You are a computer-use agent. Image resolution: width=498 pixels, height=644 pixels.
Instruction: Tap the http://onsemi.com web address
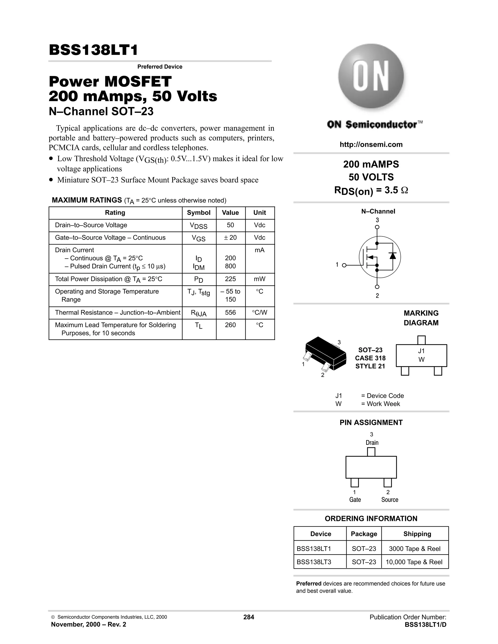click(371, 145)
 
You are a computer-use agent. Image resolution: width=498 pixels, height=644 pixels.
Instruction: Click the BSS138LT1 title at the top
click(93, 50)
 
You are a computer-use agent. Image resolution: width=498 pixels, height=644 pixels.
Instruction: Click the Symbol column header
click(199, 213)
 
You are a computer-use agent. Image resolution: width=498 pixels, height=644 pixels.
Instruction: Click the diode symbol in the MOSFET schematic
click(392, 256)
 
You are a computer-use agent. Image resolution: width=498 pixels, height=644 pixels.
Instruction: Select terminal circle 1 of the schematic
click(344, 265)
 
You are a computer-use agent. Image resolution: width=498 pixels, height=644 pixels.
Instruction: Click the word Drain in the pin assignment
click(372, 443)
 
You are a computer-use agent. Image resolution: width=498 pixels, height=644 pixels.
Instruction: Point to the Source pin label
click(390, 500)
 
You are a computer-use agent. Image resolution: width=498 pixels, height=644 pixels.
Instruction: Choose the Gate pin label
click(355, 500)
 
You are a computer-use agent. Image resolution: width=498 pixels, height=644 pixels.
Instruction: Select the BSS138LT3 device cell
click(314, 562)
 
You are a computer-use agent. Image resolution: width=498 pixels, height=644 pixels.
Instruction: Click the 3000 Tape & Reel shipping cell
click(415, 549)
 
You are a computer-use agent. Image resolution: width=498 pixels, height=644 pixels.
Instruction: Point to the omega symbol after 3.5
click(405, 191)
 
